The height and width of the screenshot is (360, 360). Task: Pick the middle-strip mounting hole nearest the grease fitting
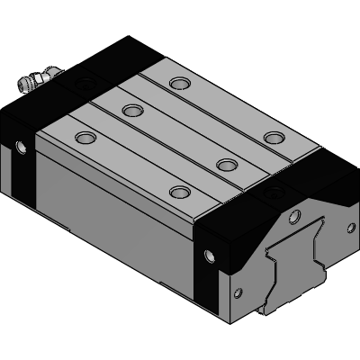[x=133, y=110]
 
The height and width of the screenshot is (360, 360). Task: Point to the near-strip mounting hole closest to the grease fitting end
[x=85, y=138]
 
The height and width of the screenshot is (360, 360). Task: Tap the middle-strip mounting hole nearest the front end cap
[x=228, y=164]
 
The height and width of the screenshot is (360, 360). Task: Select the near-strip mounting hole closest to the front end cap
[x=181, y=193]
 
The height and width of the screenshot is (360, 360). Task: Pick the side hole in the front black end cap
[x=211, y=256]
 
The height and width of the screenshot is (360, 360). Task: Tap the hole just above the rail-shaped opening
[x=293, y=215]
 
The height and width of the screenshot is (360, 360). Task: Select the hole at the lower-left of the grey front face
[x=239, y=293]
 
